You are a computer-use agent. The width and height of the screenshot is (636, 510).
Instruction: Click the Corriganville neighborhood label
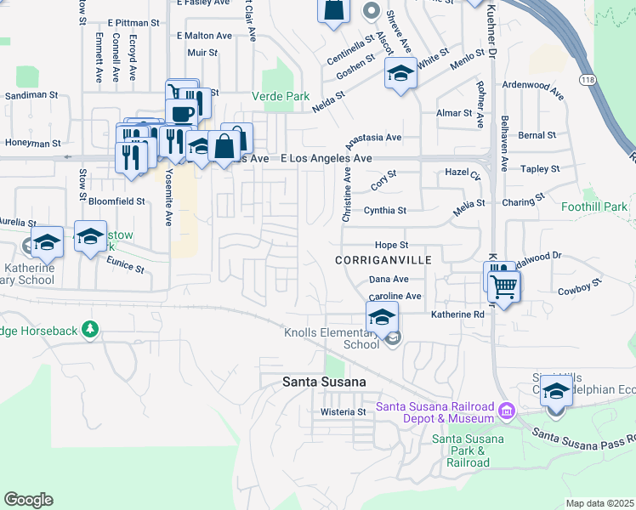click(383, 259)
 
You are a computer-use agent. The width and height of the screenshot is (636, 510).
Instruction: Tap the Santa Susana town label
click(324, 382)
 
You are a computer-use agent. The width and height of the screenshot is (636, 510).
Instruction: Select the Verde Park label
click(281, 96)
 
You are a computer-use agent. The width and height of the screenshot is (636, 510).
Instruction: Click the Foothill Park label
click(594, 207)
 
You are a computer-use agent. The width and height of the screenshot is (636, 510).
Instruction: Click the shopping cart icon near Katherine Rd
click(503, 286)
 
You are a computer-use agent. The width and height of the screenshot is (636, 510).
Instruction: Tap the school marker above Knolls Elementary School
click(382, 318)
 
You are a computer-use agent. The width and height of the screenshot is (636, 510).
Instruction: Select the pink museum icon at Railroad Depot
click(506, 411)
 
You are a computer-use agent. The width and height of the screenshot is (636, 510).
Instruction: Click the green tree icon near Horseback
click(88, 329)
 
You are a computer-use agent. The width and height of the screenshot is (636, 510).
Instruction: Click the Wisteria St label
click(343, 412)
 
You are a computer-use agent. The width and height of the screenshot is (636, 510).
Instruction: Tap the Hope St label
click(392, 245)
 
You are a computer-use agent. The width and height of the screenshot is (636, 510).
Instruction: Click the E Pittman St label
click(133, 23)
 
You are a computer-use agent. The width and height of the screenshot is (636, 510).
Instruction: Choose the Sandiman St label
click(31, 97)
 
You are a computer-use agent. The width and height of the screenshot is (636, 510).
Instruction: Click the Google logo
click(28, 500)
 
